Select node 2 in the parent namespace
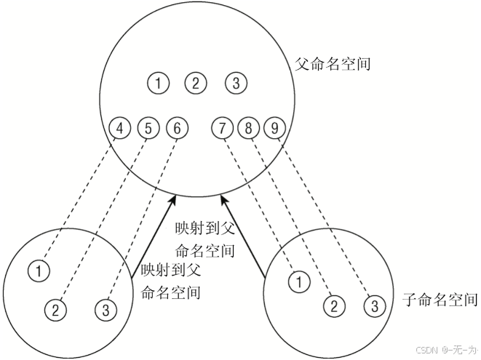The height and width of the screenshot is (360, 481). tap(195, 83)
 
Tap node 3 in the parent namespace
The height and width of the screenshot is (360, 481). tap(236, 83)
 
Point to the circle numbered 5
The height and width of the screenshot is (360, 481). tap(148, 129)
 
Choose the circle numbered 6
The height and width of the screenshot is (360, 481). tap(177, 129)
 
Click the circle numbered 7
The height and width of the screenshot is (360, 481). tap(222, 129)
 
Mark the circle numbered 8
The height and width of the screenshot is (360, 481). tap(249, 129)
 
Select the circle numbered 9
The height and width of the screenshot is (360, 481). tap(274, 129)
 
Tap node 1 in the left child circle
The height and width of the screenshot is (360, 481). tap(40, 271)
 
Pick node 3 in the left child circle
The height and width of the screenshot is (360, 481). tap(106, 309)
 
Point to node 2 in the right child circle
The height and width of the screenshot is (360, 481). tap(333, 305)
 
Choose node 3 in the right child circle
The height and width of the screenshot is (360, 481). tap(373, 305)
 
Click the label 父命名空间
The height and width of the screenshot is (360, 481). tap(333, 64)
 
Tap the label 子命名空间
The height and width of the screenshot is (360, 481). tap(440, 299)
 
